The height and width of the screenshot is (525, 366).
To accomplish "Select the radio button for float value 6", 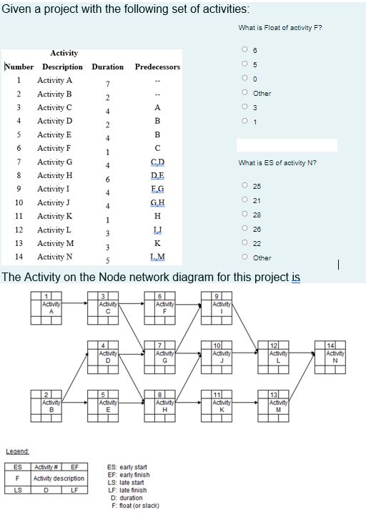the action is [244, 50].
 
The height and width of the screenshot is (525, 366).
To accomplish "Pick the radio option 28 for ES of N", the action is [244, 214].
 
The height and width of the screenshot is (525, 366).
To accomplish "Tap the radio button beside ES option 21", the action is [244, 200].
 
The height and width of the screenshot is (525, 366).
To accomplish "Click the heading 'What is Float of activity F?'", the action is [280, 27].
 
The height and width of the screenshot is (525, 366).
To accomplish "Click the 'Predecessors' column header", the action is [157, 67].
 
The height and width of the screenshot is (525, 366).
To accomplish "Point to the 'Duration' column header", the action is [107, 67].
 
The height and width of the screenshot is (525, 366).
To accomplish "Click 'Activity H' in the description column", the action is [55, 175].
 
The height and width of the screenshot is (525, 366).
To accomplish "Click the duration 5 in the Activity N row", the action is [107, 260].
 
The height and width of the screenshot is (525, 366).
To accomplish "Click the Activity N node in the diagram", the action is [335, 355].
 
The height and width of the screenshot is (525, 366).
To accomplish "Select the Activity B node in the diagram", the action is [51, 406].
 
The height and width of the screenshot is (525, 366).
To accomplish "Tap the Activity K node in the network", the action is [222, 406].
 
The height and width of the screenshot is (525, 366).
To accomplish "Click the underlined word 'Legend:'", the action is [17, 451].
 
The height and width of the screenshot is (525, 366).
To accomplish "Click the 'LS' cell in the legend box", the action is [16, 489].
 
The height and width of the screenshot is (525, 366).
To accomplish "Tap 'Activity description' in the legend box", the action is [59, 478].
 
